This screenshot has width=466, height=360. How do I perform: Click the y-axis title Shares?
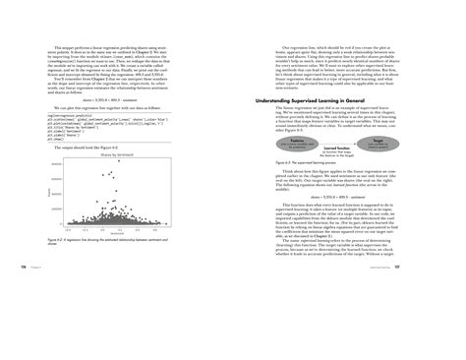51,192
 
